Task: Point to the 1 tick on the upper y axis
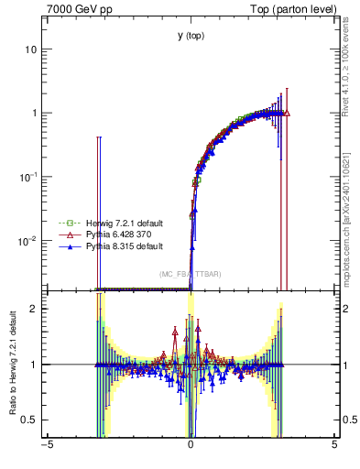pyautogui.click(x=33, y=113)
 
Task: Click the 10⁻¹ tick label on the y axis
pyautogui.click(x=28, y=177)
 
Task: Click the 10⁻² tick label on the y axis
pyautogui.click(x=28, y=241)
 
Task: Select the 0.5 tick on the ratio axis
pyautogui.click(x=28, y=420)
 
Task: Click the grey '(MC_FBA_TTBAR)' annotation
pyautogui.click(x=190, y=274)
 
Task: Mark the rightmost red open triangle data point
pyautogui.click(x=287, y=114)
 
